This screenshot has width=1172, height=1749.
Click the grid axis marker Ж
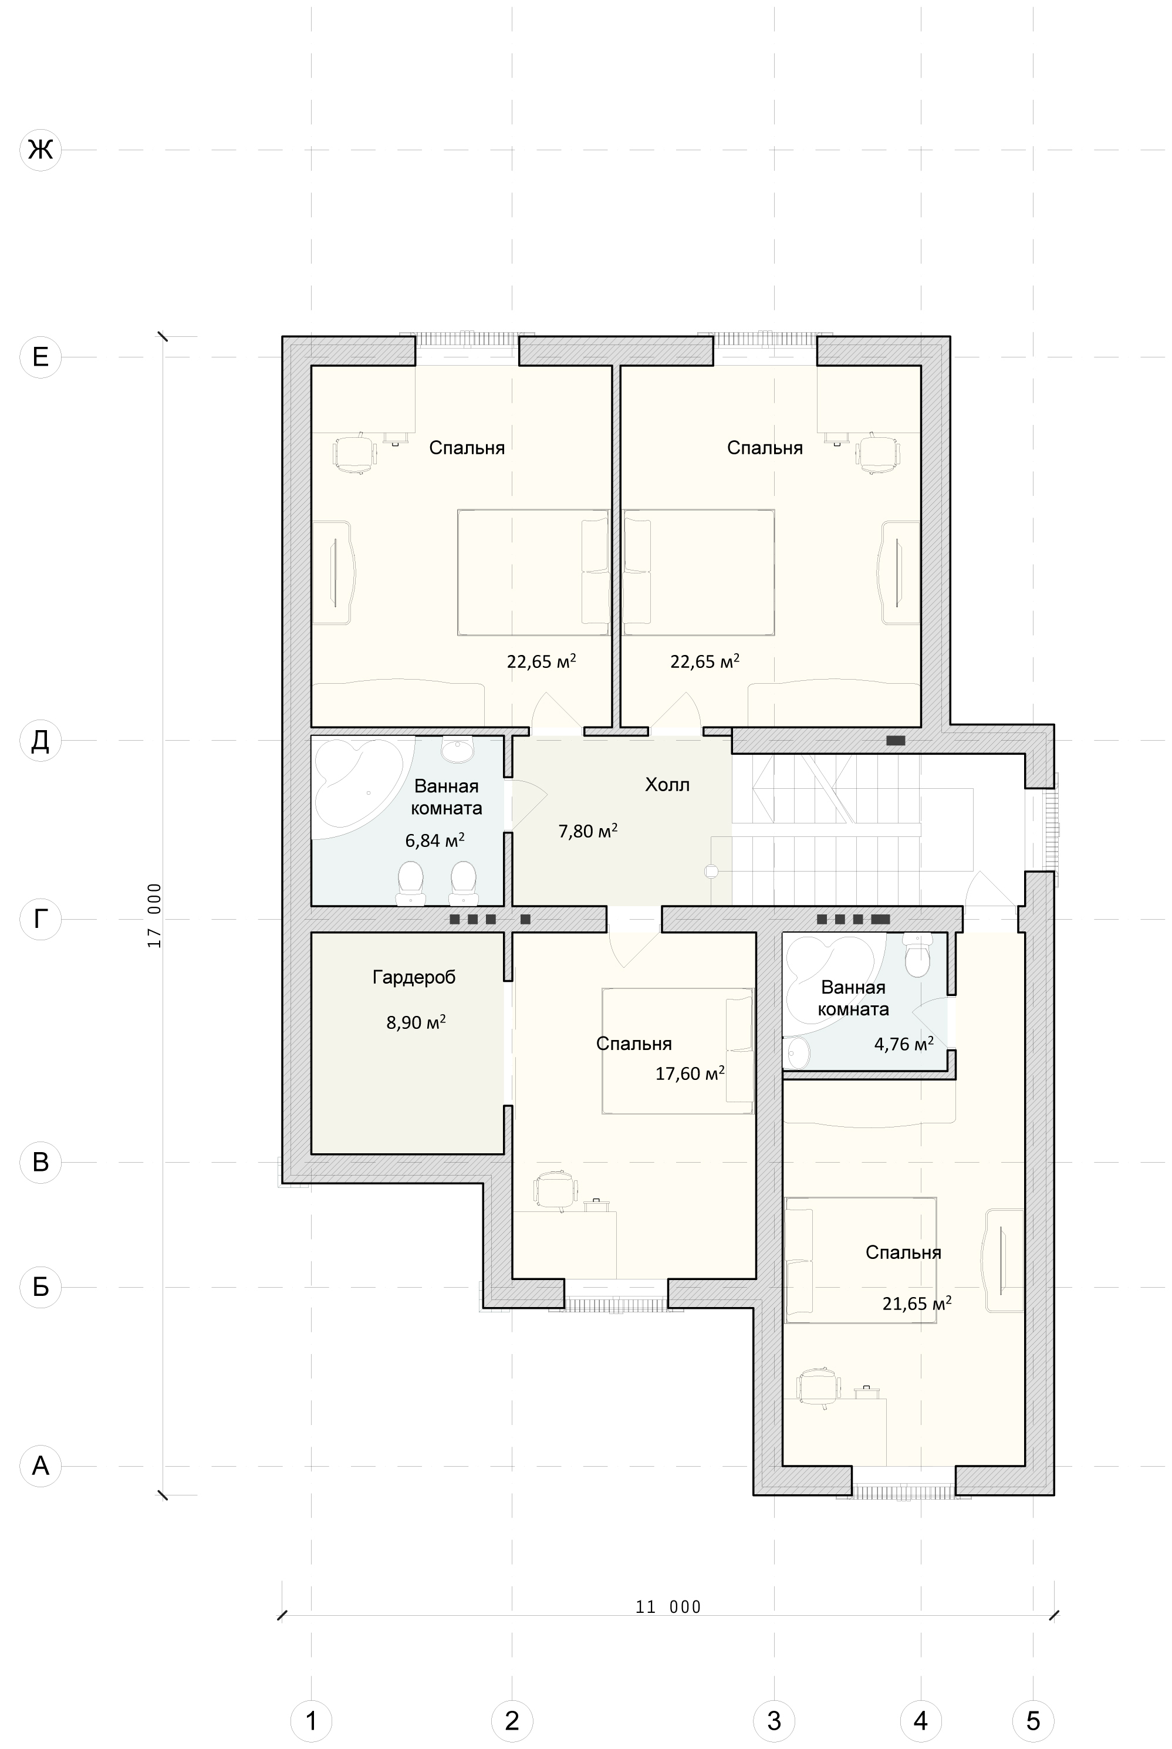point(40,150)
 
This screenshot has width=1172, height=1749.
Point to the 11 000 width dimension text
point(668,1607)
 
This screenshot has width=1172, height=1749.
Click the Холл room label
point(667,785)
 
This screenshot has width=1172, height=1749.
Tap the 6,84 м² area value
point(435,840)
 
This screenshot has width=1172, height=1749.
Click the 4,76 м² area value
point(904,1044)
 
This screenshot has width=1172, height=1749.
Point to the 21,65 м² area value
point(916,1304)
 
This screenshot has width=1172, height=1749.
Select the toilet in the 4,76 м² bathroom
point(917,955)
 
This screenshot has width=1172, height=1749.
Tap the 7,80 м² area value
point(588,831)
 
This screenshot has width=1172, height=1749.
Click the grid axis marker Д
point(40,740)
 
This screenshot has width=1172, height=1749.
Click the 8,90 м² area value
point(416,1022)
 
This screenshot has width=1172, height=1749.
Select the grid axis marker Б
point(40,1287)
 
